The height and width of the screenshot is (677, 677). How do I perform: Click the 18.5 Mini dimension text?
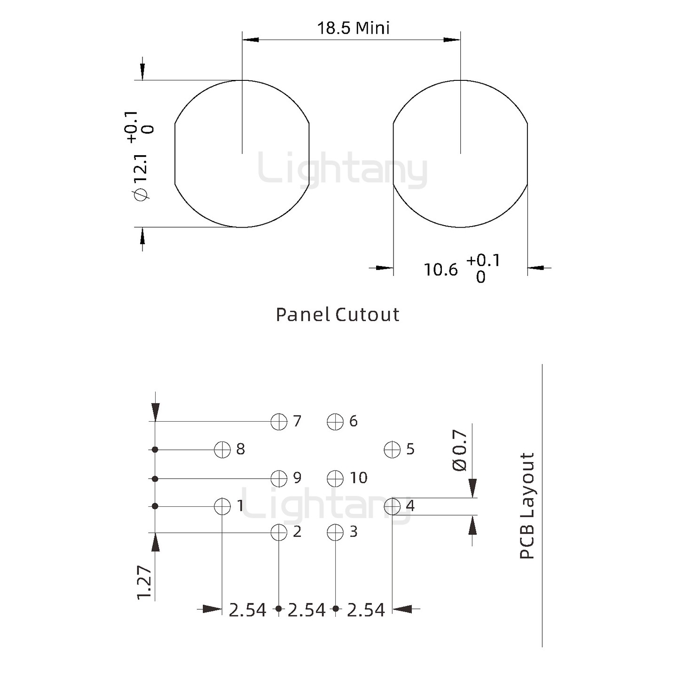(x=353, y=28)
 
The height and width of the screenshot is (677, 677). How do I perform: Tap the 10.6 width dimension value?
(x=441, y=270)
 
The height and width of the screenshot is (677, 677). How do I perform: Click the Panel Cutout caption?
(x=337, y=315)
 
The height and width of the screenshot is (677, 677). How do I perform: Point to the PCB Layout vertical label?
(x=527, y=506)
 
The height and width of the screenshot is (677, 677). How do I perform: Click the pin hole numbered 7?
(x=279, y=421)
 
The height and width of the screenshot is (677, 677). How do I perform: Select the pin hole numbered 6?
(x=335, y=421)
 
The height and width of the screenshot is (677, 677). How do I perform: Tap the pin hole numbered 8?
(x=222, y=450)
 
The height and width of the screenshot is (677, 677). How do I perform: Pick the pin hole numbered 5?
(x=392, y=450)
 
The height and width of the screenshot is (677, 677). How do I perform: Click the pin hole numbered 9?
(x=279, y=479)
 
